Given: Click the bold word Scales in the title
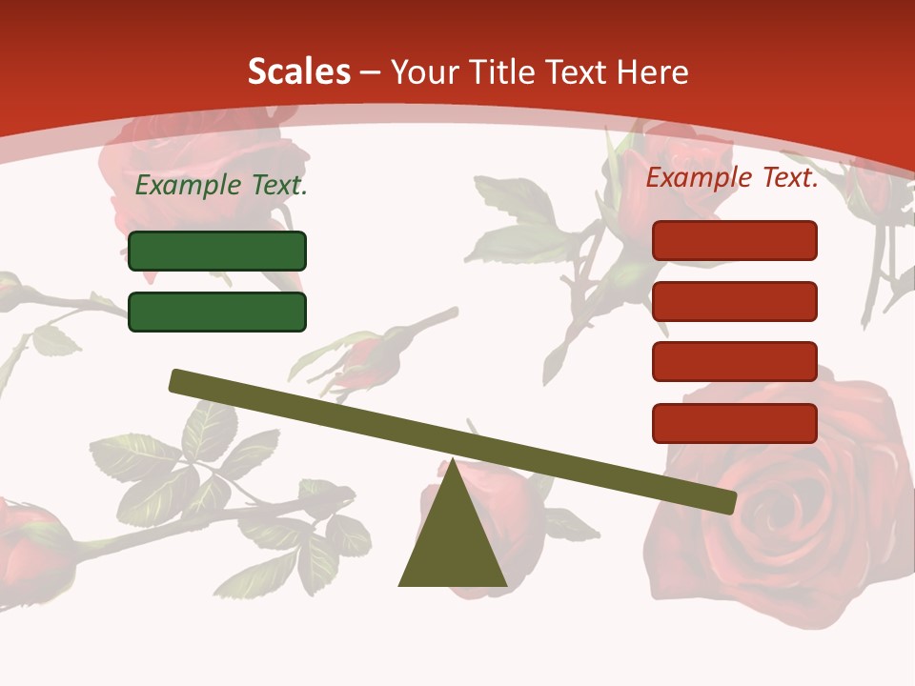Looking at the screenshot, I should click(x=298, y=72).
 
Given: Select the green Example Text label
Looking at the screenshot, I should click(x=221, y=186).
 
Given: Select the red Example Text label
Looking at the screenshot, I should click(x=732, y=177).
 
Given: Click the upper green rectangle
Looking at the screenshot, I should click(x=217, y=251).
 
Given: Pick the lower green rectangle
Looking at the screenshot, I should click(x=217, y=312).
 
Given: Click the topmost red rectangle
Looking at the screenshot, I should click(x=734, y=240).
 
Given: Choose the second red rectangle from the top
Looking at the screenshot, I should click(x=734, y=301).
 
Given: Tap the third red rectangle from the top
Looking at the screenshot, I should click(x=734, y=361).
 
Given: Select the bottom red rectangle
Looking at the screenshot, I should click(x=734, y=423).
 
